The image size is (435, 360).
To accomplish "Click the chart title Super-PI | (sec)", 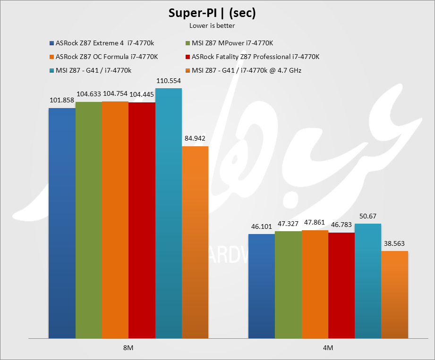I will (212, 13).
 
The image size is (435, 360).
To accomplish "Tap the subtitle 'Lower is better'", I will (212, 25).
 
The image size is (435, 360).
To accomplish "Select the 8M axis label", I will (128, 348).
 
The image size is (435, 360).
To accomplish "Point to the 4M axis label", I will (328, 348).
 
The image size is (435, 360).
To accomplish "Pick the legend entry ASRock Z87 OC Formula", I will (107, 57).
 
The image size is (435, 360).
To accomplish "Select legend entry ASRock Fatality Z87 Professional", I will (256, 57).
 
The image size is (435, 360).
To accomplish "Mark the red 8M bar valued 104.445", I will (142, 220).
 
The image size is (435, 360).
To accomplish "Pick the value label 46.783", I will (341, 225).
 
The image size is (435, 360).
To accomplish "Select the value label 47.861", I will (315, 222).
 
